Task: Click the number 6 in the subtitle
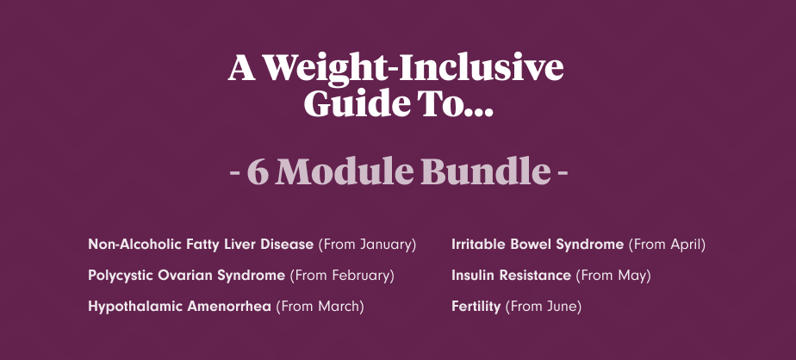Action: point(258,171)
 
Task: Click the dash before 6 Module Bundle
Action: point(234,173)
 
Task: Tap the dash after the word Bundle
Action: point(563,173)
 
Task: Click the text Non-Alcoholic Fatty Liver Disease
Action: point(201,245)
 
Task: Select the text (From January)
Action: point(367,245)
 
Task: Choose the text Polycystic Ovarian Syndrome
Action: point(186,276)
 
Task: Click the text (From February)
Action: point(342,276)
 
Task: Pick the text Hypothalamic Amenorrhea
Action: point(179,307)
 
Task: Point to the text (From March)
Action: point(320,307)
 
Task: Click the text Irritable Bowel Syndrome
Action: point(538,245)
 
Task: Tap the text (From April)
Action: point(667,245)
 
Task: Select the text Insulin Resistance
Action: point(511,276)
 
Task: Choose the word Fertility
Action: point(476,307)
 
